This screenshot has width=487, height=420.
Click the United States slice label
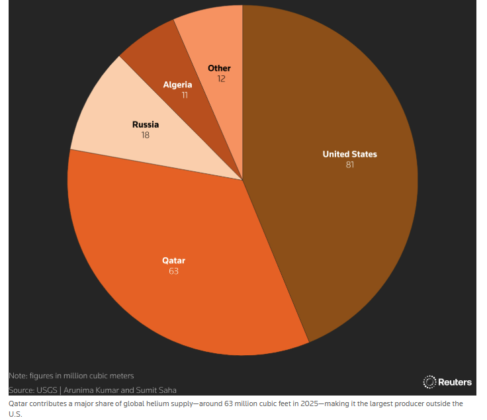349,154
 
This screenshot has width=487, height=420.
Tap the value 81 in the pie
349,165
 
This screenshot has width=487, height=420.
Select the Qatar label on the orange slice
173,260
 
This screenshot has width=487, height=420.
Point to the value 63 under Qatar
173,271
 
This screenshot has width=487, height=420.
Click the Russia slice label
146,124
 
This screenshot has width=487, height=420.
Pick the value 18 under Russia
146,135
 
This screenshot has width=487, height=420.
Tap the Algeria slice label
178,85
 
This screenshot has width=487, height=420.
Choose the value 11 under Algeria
185,95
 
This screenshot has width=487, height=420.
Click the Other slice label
219,68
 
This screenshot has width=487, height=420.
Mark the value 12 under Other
222,79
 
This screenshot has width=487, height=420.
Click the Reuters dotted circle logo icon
429,382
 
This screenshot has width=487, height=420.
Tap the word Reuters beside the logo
455,382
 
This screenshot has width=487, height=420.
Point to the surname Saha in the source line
166,390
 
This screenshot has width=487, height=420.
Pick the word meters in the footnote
120,376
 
